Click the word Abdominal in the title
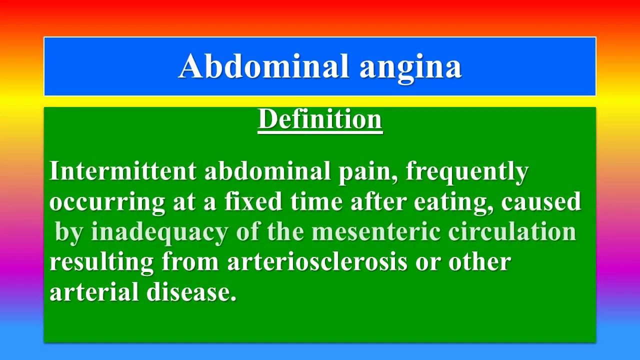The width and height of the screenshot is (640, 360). click(x=263, y=66)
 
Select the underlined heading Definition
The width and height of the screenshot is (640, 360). click(x=320, y=119)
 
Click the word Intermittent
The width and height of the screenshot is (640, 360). click(x=123, y=171)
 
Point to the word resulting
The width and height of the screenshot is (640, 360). click(x=102, y=262)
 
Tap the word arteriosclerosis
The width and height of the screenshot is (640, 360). click(x=317, y=261)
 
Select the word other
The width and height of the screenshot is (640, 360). click(x=479, y=261)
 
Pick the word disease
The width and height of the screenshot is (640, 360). click(x=191, y=292)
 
